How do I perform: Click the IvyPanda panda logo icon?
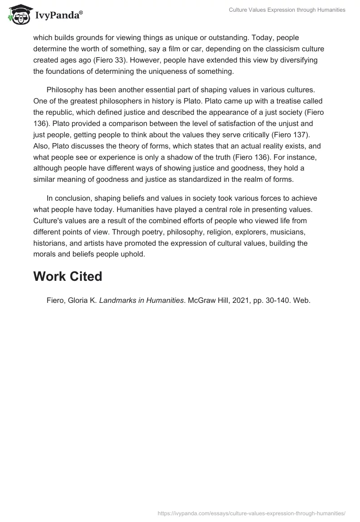pyautogui.click(x=18, y=15)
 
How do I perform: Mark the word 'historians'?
pyautogui.click(x=49, y=243)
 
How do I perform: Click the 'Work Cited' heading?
pyautogui.click(x=67, y=276)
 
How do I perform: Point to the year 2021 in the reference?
pyautogui.click(x=236, y=300)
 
